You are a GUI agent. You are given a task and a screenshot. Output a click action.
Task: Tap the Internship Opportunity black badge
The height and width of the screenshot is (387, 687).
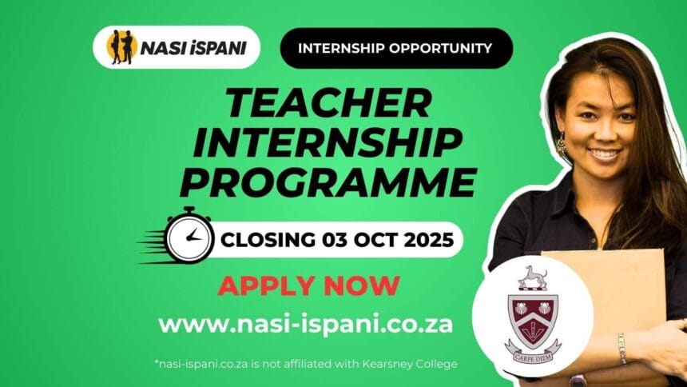click(395, 48)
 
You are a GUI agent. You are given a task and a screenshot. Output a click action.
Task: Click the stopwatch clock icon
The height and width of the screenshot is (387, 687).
click(189, 237)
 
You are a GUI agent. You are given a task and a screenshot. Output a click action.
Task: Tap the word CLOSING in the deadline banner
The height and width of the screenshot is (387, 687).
click(268, 239)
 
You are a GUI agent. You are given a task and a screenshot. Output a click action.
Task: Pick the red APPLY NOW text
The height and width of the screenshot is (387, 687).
click(309, 285)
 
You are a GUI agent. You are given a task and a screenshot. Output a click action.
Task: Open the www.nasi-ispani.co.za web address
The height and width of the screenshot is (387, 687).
click(306, 324)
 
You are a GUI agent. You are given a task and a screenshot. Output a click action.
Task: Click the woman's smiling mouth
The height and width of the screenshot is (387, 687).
click(604, 154)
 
